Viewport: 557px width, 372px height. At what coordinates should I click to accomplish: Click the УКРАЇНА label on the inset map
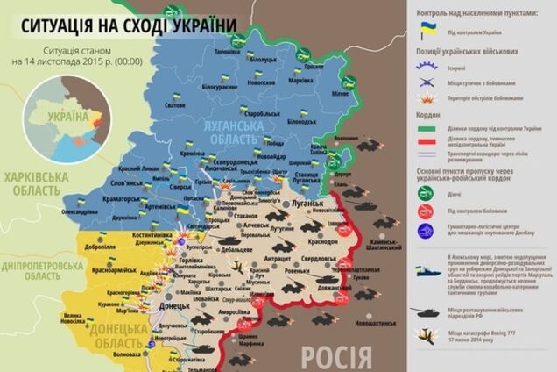pyautogui.click(x=68, y=116)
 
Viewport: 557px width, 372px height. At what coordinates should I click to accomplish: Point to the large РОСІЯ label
pyautogui.click(x=336, y=355)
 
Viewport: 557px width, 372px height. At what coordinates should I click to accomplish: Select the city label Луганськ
pyautogui.click(x=309, y=203)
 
